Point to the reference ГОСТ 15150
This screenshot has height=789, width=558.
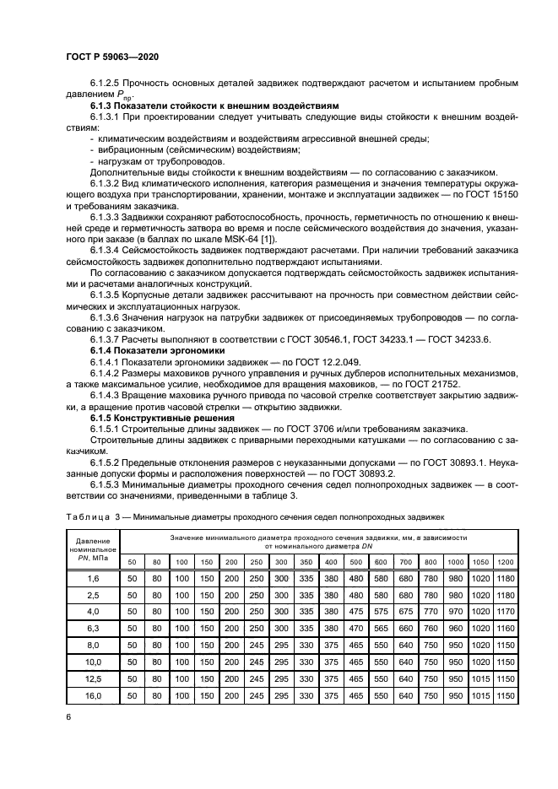click(x=474, y=193)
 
